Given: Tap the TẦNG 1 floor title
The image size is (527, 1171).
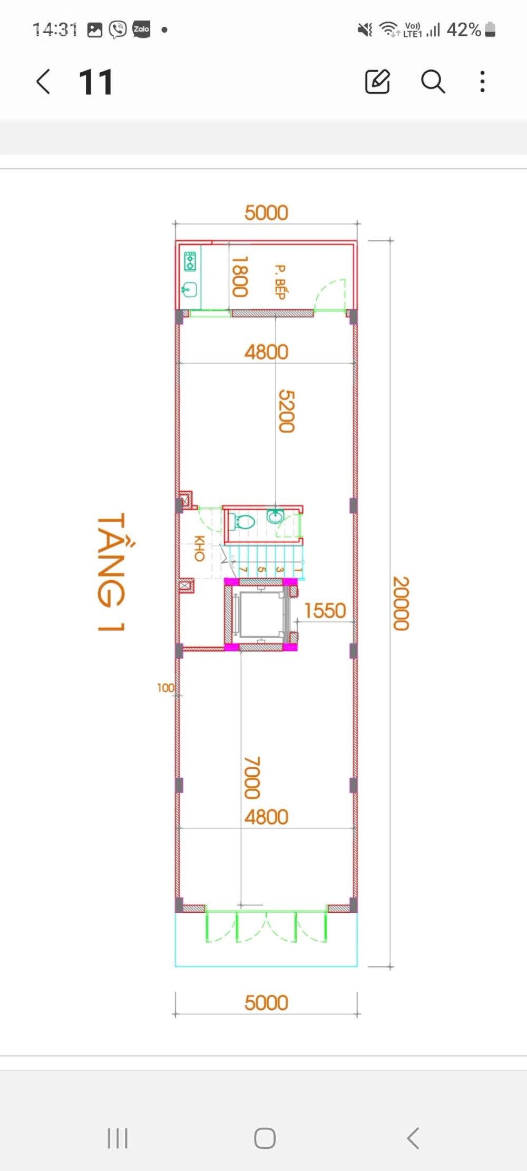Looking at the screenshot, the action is pos(111,572).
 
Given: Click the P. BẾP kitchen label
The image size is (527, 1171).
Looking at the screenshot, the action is pos(280,282).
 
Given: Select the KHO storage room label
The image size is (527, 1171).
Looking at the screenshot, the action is pos(199,548).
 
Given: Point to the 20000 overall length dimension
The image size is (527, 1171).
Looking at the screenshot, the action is pos(401,603).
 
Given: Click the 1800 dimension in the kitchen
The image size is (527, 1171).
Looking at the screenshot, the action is pos(240,277).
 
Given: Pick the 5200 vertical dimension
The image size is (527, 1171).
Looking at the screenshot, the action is pos(286,411).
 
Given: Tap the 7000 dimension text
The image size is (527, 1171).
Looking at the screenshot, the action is pos(252,778).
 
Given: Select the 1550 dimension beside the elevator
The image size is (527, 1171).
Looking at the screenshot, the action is pos(325,611).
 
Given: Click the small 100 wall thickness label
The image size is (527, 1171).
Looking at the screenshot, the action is pos(165,688).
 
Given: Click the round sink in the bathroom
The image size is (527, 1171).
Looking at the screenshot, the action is pos(275,516).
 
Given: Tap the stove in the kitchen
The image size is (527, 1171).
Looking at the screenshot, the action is pos(190,261).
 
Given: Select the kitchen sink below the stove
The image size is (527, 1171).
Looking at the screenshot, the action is pos(190,289).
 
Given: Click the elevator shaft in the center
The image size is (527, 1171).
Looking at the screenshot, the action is pos(261,614).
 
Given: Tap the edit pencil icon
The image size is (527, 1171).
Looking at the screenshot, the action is pos(377,81).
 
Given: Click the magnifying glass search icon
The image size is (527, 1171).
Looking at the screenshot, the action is pos(433,82).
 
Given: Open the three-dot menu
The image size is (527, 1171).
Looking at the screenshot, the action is pos(482,82).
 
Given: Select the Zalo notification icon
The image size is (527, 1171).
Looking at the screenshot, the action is pos(141,30).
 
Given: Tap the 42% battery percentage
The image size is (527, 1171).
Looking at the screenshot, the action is pos(464,30).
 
